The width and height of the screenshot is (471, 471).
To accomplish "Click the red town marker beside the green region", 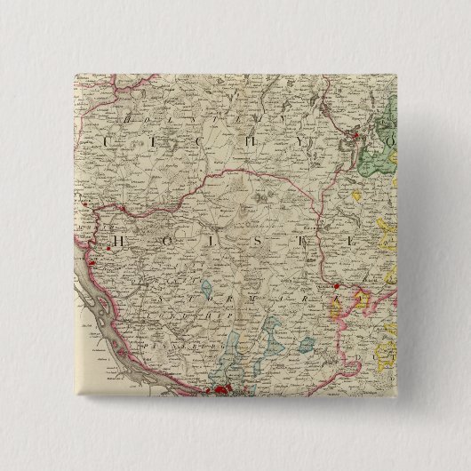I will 357,136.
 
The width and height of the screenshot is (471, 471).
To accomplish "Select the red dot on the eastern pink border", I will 336,287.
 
